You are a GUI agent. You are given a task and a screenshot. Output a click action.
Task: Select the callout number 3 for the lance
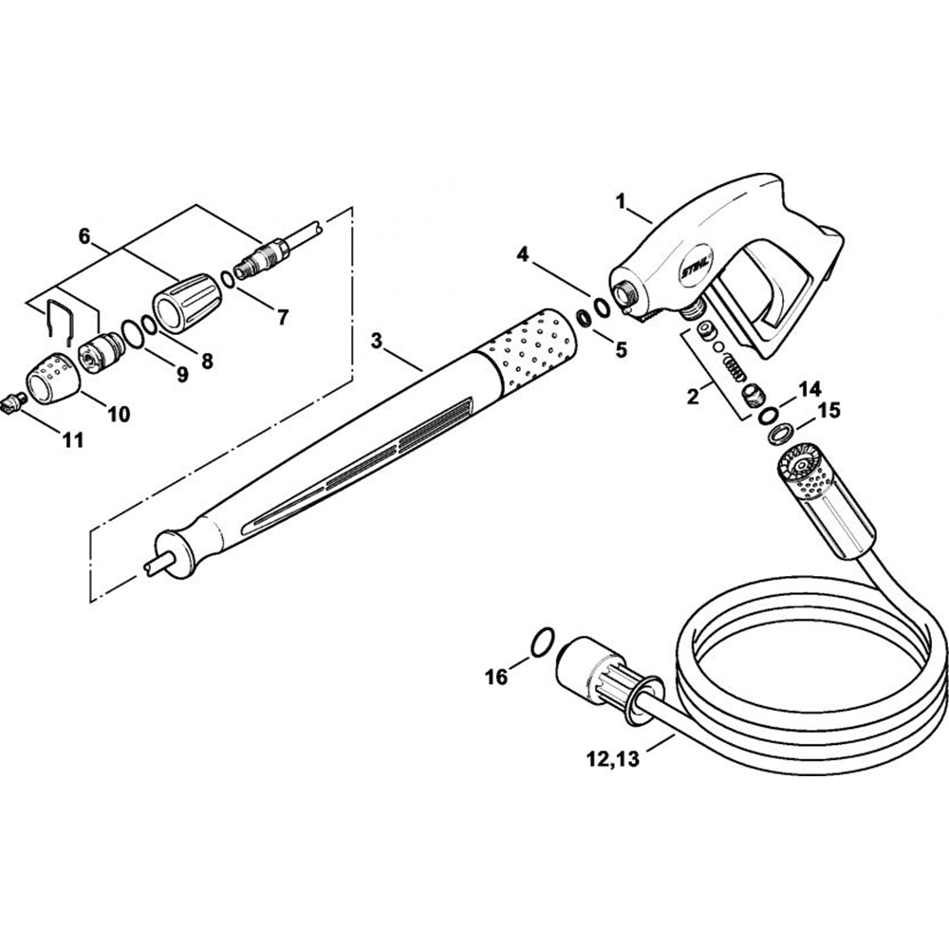tap(378, 341)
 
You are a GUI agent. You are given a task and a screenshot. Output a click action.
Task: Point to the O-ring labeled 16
tap(539, 642)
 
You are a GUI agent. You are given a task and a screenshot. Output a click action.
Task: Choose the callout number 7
tap(281, 318)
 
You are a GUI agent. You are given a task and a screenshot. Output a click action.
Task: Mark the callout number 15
tap(828, 412)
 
